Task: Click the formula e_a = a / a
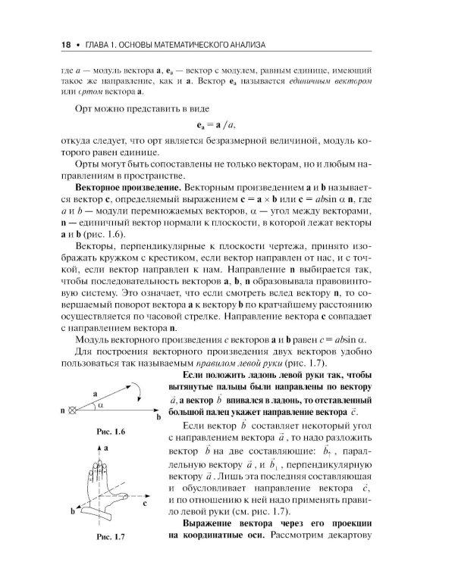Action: pyautogui.click(x=227, y=124)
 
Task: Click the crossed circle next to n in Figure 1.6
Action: pyautogui.click(x=72, y=410)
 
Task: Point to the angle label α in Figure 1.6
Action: pyautogui.click(x=101, y=405)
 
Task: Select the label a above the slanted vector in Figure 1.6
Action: pyautogui.click(x=96, y=394)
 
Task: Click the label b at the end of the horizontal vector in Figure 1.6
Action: pyautogui.click(x=158, y=417)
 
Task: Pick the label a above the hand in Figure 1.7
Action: pyautogui.click(x=106, y=448)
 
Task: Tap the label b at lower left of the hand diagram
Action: pyautogui.click(x=72, y=512)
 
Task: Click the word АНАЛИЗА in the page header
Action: pyautogui.click(x=242, y=45)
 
